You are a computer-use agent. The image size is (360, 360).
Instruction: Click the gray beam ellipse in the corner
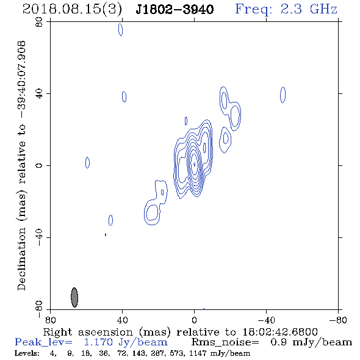point(74,297)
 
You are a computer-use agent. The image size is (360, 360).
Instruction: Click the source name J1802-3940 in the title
point(175,9)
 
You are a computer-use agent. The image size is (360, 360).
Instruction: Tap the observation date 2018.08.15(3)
point(73,9)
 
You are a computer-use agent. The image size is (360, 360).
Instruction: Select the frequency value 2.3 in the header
point(291,9)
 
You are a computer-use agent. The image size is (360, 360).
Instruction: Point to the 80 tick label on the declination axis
point(39,22)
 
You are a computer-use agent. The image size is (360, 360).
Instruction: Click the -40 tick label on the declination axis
point(39,237)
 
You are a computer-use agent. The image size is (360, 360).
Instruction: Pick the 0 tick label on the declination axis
point(39,165)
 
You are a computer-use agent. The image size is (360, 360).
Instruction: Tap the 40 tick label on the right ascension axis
point(122,320)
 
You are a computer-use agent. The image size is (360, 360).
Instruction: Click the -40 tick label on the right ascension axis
point(266,320)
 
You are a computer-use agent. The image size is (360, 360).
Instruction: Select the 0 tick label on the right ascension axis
point(194,320)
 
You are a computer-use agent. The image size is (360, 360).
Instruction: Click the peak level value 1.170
point(98,342)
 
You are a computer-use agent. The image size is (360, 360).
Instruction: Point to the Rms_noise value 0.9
point(278,342)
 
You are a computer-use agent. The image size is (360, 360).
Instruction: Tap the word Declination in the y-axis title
point(21,259)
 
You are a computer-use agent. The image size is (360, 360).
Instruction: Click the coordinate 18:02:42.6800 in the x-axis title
point(280,332)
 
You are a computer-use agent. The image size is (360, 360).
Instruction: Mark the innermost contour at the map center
point(195,164)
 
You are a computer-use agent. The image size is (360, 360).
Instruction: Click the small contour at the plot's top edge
point(121,30)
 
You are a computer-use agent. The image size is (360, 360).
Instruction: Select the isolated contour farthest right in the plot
point(283,95)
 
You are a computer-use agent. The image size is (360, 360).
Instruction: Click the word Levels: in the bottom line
point(27,353)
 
